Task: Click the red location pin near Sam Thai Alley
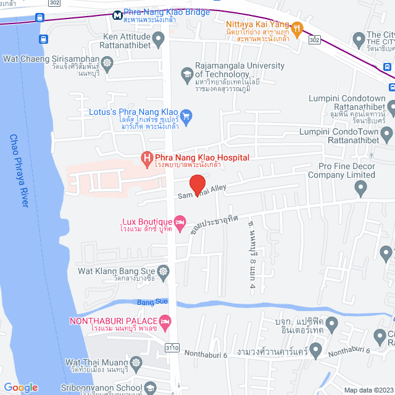[x=196, y=185]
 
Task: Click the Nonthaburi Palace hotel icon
[x=164, y=322]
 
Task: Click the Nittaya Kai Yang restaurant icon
[x=297, y=28]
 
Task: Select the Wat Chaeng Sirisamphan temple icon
[x=107, y=62]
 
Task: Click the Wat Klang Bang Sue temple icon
[x=164, y=270]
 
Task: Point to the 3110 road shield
[x=172, y=349]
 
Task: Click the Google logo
[x=20, y=388]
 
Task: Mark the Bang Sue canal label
[x=152, y=301]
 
